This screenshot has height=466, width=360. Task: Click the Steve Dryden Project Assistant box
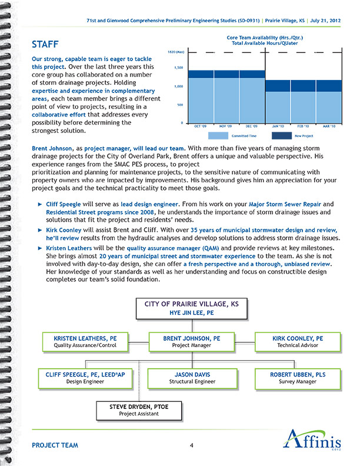135,410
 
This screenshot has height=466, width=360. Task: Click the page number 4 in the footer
192,445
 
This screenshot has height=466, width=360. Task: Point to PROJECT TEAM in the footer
55,445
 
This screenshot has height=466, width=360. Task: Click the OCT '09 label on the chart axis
200,127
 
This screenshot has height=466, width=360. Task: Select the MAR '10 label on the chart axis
329,127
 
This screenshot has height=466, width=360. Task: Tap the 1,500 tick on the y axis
181,68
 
